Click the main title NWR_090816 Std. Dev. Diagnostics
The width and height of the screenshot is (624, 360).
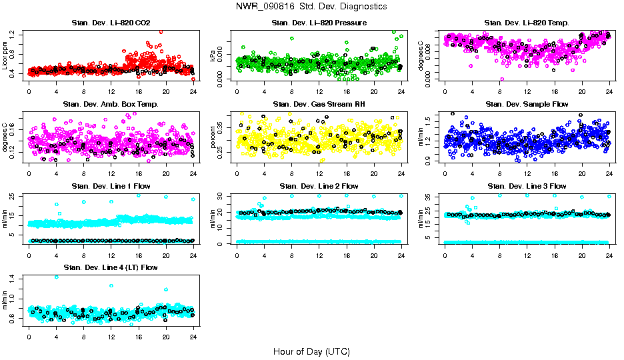311,7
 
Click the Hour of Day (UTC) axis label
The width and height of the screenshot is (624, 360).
311,351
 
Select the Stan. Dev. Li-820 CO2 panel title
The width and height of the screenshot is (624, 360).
111,23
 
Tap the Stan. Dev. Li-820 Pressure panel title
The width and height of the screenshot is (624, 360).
319,23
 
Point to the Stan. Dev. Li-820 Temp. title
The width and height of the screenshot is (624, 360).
527,23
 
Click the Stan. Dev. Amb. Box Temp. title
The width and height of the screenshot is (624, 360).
111,104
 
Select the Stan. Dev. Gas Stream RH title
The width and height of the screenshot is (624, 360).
319,104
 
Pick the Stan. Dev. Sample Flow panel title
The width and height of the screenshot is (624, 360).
527,104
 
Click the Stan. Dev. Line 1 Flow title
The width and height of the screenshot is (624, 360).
111,186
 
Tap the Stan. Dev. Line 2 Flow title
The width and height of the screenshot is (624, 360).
319,186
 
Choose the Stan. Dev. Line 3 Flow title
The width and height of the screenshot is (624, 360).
527,186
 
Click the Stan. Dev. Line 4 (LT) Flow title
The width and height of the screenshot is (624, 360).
111,267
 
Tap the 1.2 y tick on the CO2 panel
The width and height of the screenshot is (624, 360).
15,33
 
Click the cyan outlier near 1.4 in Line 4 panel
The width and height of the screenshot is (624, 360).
57,277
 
